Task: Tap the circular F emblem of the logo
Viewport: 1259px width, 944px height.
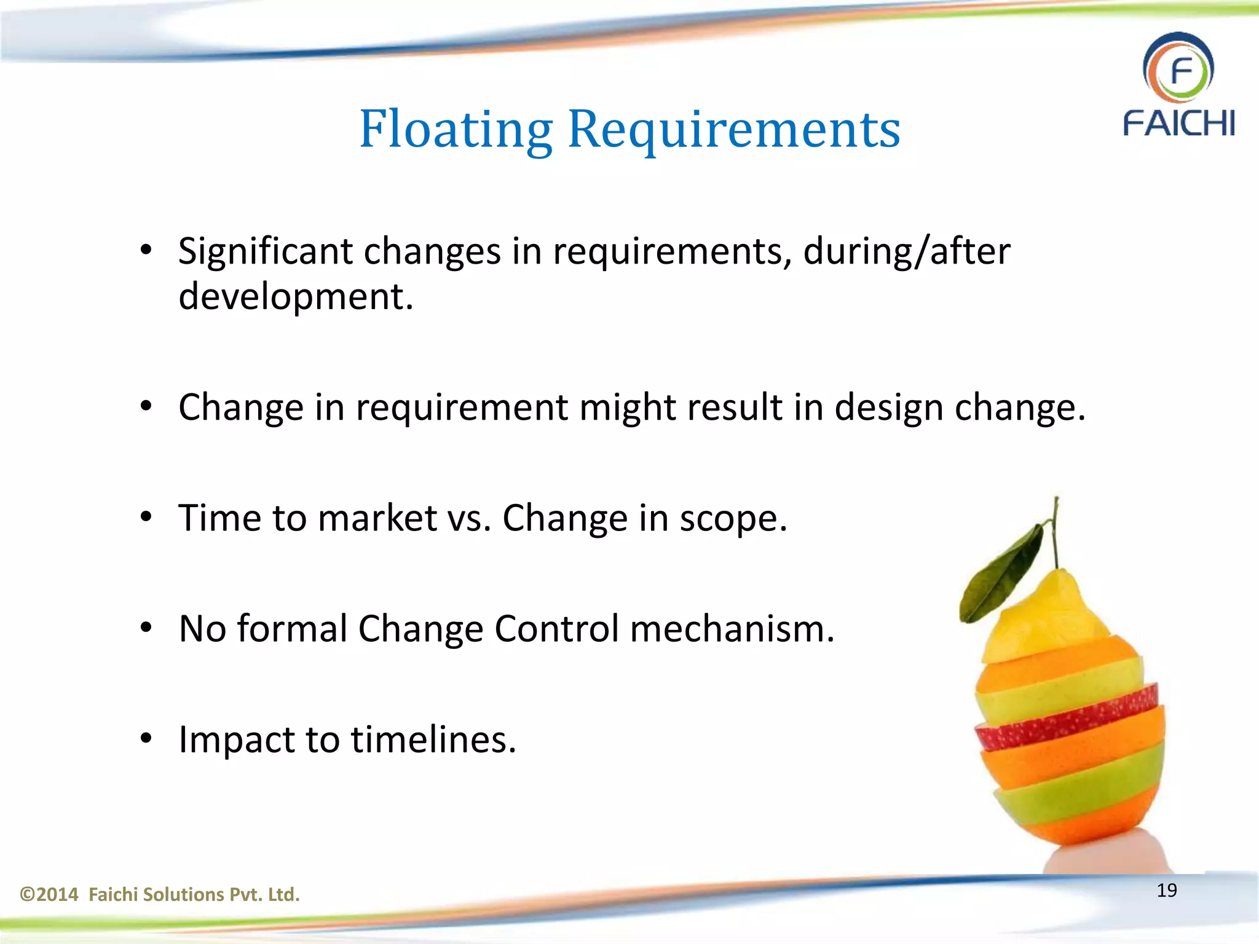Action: (x=1178, y=69)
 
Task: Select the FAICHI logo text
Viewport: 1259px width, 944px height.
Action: (x=1178, y=123)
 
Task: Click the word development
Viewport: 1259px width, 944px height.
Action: (x=296, y=296)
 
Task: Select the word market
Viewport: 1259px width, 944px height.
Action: (x=377, y=517)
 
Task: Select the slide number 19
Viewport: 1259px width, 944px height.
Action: (x=1167, y=890)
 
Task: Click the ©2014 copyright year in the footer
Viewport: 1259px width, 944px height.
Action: (x=49, y=894)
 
